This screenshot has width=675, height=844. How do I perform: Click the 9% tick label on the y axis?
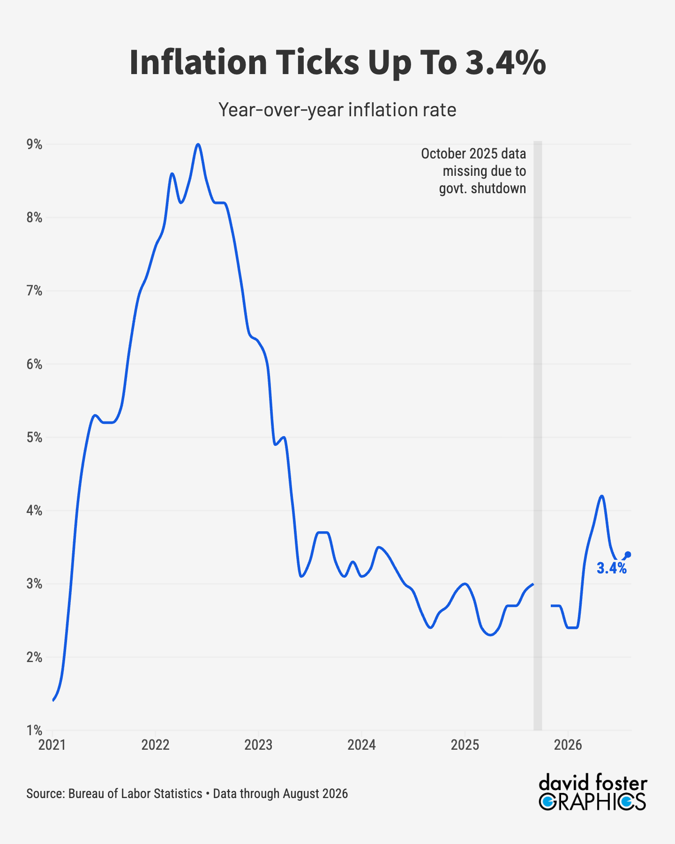point(34,145)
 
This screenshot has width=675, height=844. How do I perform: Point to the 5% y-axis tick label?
point(34,438)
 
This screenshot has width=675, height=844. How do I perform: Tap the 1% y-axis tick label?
point(34,731)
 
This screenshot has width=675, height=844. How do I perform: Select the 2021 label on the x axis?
point(52,745)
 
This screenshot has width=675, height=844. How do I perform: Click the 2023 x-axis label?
point(258,745)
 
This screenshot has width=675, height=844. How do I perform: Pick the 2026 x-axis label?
point(568,745)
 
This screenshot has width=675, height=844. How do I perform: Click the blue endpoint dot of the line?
point(628,555)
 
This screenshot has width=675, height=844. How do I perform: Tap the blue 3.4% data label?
point(612,568)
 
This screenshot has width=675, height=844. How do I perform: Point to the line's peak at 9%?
point(198,144)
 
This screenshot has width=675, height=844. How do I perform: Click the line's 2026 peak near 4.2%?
point(602,496)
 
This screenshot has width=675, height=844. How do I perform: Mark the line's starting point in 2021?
point(53,701)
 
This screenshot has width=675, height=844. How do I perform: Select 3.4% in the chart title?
point(506,62)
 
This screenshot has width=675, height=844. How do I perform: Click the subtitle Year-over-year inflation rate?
point(337,110)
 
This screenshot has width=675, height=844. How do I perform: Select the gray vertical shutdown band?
point(538,436)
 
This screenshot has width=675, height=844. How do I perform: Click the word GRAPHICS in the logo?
point(592,802)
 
